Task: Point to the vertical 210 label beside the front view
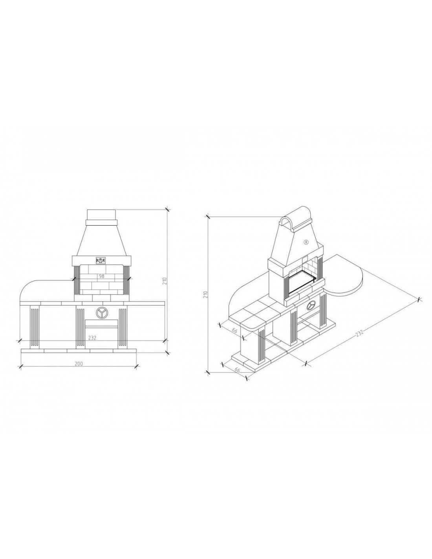[165, 280]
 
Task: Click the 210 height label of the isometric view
[205, 294]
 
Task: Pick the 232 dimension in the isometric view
[359, 333]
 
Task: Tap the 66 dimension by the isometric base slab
[237, 370]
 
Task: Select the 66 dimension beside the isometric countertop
[234, 331]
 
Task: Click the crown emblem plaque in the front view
[100, 260]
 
